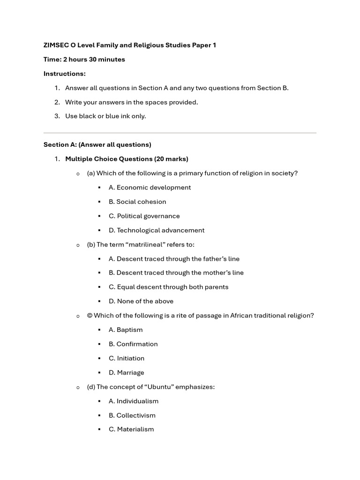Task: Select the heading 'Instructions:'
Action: [x=65, y=74]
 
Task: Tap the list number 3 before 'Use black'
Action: [x=57, y=116]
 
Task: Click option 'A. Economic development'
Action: [x=150, y=187]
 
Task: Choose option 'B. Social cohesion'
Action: [x=137, y=202]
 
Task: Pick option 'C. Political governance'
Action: [x=144, y=216]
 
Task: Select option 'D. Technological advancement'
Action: [x=157, y=230]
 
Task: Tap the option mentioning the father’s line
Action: [x=174, y=259]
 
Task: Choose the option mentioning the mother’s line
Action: [x=176, y=273]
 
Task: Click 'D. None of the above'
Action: [x=141, y=301]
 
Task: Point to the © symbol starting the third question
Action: [x=90, y=315]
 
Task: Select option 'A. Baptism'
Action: [x=126, y=330]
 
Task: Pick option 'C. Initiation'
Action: [x=127, y=358]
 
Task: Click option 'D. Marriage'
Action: [x=127, y=373]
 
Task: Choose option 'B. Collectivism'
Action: [x=132, y=415]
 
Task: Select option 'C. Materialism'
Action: [x=131, y=429]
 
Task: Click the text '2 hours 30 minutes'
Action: [x=94, y=60]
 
